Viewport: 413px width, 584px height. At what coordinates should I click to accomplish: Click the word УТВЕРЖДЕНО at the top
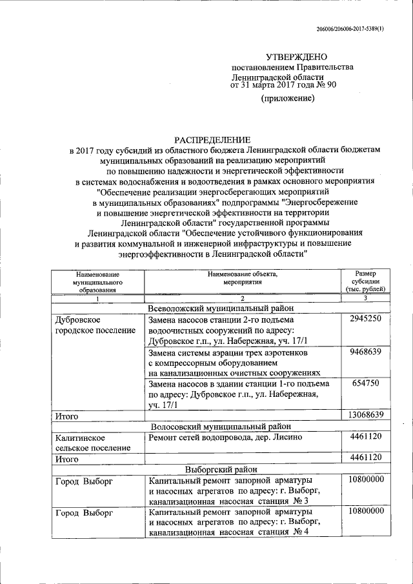click(297, 57)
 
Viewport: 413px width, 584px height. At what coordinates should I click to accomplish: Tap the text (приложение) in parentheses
click(287, 98)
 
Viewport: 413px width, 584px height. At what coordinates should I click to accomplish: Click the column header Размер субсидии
click(365, 282)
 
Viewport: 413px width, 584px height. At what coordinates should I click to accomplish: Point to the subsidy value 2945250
click(365, 319)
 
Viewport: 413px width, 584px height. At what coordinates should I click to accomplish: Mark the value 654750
click(365, 383)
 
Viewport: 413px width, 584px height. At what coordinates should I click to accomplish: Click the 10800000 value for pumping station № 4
click(365, 510)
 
